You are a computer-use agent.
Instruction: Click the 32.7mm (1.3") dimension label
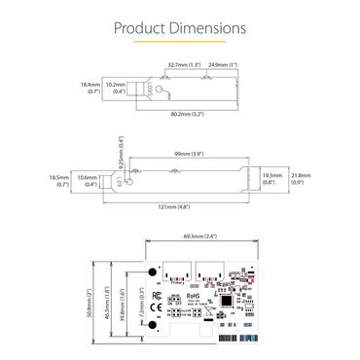(x=184, y=65)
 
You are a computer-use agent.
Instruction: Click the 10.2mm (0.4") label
(x=116, y=90)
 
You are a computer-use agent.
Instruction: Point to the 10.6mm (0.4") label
(x=88, y=181)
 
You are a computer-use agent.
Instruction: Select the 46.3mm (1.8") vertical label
(x=106, y=303)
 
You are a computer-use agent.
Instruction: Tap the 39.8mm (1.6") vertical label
(x=120, y=303)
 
